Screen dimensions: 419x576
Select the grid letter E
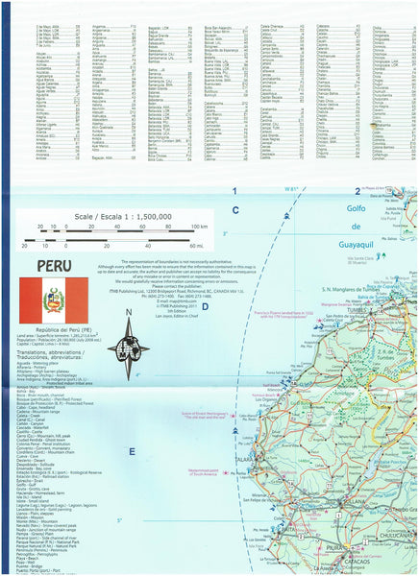click(x=132, y=451)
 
